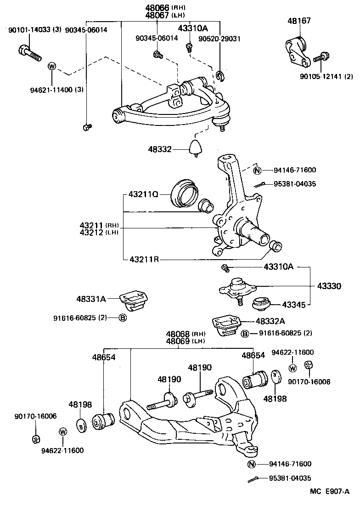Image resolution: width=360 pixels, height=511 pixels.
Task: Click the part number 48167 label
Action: pyautogui.click(x=299, y=21)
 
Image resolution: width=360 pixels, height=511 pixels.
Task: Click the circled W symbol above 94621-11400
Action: pyautogui.click(x=51, y=66)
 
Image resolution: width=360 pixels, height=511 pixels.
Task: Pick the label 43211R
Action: pyautogui.click(x=144, y=260)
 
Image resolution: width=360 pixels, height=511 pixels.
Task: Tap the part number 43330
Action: pyautogui.click(x=329, y=286)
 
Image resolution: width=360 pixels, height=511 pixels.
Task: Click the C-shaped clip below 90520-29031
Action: pyautogui.click(x=219, y=75)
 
